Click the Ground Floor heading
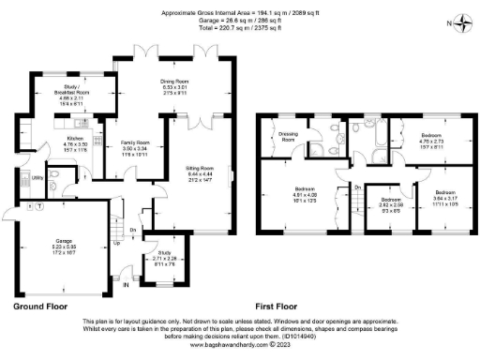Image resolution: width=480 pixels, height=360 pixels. point(43,306)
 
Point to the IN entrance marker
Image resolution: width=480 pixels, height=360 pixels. point(127,275)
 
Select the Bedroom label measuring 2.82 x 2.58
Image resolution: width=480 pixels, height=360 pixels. point(391,200)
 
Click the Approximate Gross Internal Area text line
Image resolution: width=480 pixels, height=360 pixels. point(240,12)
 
